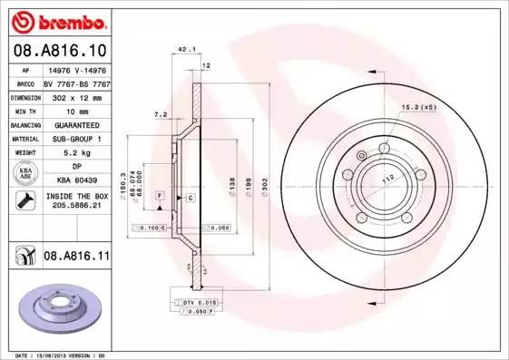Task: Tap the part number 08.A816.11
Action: pyautogui.click(x=76, y=258)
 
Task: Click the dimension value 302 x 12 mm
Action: pyautogui.click(x=75, y=96)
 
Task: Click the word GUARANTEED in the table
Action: pyautogui.click(x=75, y=124)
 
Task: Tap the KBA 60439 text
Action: pyautogui.click(x=75, y=181)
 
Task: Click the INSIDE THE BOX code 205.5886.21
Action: pyautogui.click(x=75, y=206)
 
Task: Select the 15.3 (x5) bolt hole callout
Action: pyautogui.click(x=418, y=108)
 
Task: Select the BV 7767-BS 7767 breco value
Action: pyautogui.click(x=75, y=83)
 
